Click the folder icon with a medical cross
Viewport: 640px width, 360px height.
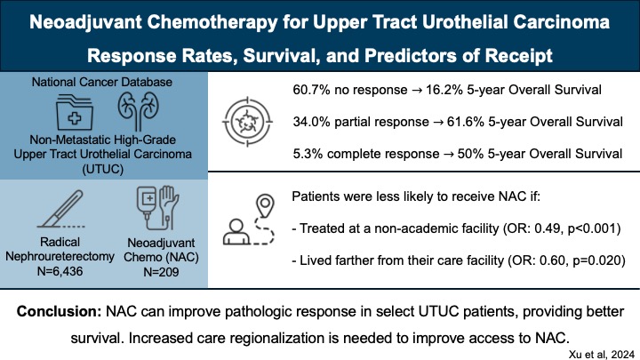(76, 117)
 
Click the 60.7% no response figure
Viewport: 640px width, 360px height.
(309, 91)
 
